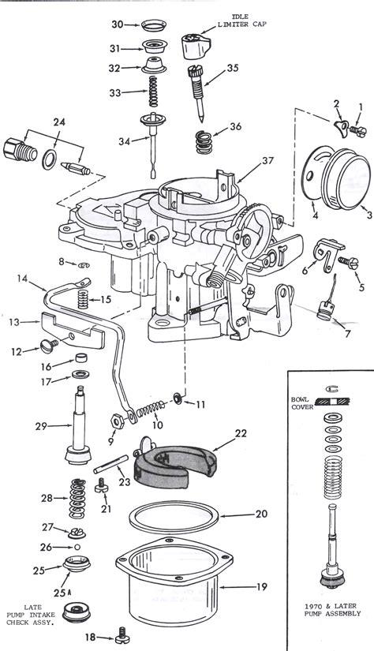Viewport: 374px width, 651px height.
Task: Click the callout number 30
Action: [117, 24]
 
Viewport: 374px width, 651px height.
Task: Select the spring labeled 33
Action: [155, 92]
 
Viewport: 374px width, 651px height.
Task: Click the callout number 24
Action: [58, 122]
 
